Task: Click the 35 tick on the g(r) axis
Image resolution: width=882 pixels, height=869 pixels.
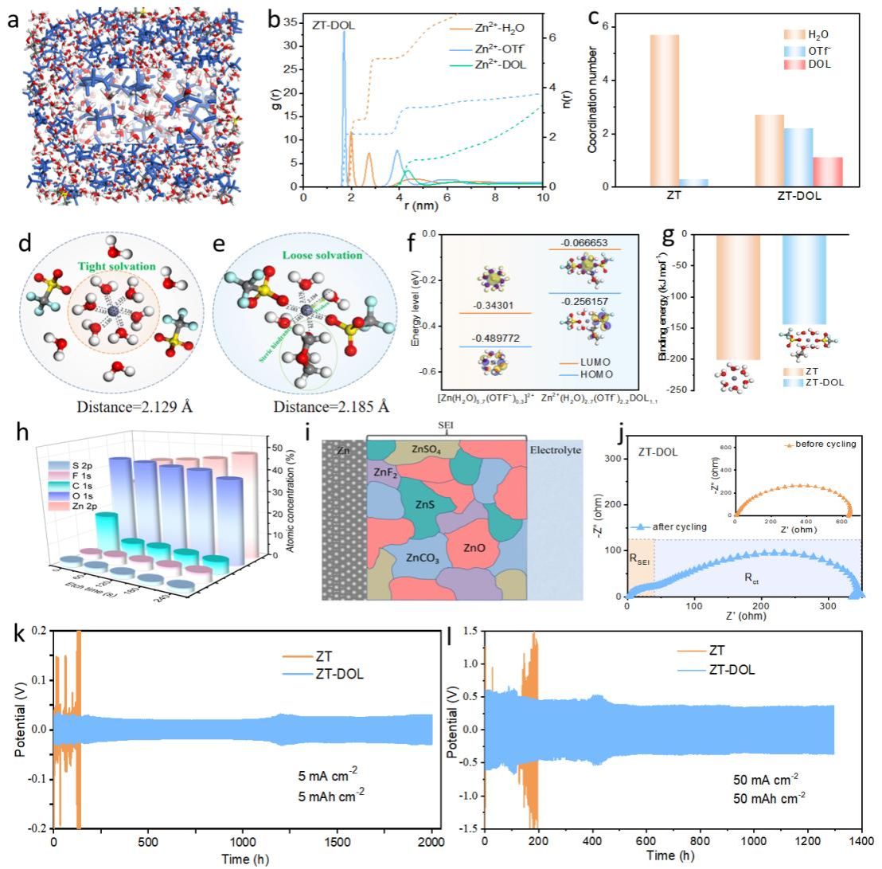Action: coord(291,18)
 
